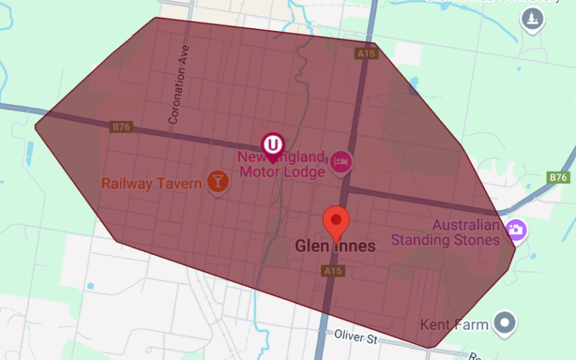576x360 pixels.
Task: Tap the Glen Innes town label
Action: [x=335, y=246]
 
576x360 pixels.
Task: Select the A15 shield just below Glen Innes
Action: [x=332, y=271]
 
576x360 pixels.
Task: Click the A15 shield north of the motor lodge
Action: [x=366, y=54]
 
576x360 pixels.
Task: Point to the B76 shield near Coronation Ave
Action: [x=121, y=127]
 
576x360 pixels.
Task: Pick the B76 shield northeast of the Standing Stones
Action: [x=559, y=177]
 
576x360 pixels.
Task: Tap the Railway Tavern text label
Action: [x=151, y=184]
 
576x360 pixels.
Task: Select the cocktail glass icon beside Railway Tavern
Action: [x=217, y=181]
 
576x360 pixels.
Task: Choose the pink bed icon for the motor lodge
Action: [x=341, y=162]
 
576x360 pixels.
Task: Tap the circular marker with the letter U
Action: [x=272, y=144]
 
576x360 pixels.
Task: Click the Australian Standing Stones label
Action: [x=445, y=233]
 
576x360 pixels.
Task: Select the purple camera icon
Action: [x=516, y=230]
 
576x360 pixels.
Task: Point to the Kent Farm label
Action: [x=455, y=325]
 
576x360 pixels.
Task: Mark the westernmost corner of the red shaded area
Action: [x=35, y=126]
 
